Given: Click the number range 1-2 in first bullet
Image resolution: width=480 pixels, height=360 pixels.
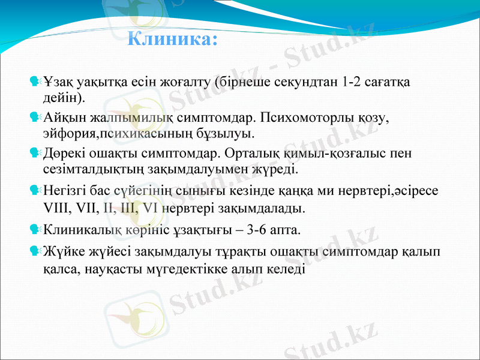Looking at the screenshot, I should [x=355, y=81].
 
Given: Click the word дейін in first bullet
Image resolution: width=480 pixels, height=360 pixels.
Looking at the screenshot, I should [x=62, y=96].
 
